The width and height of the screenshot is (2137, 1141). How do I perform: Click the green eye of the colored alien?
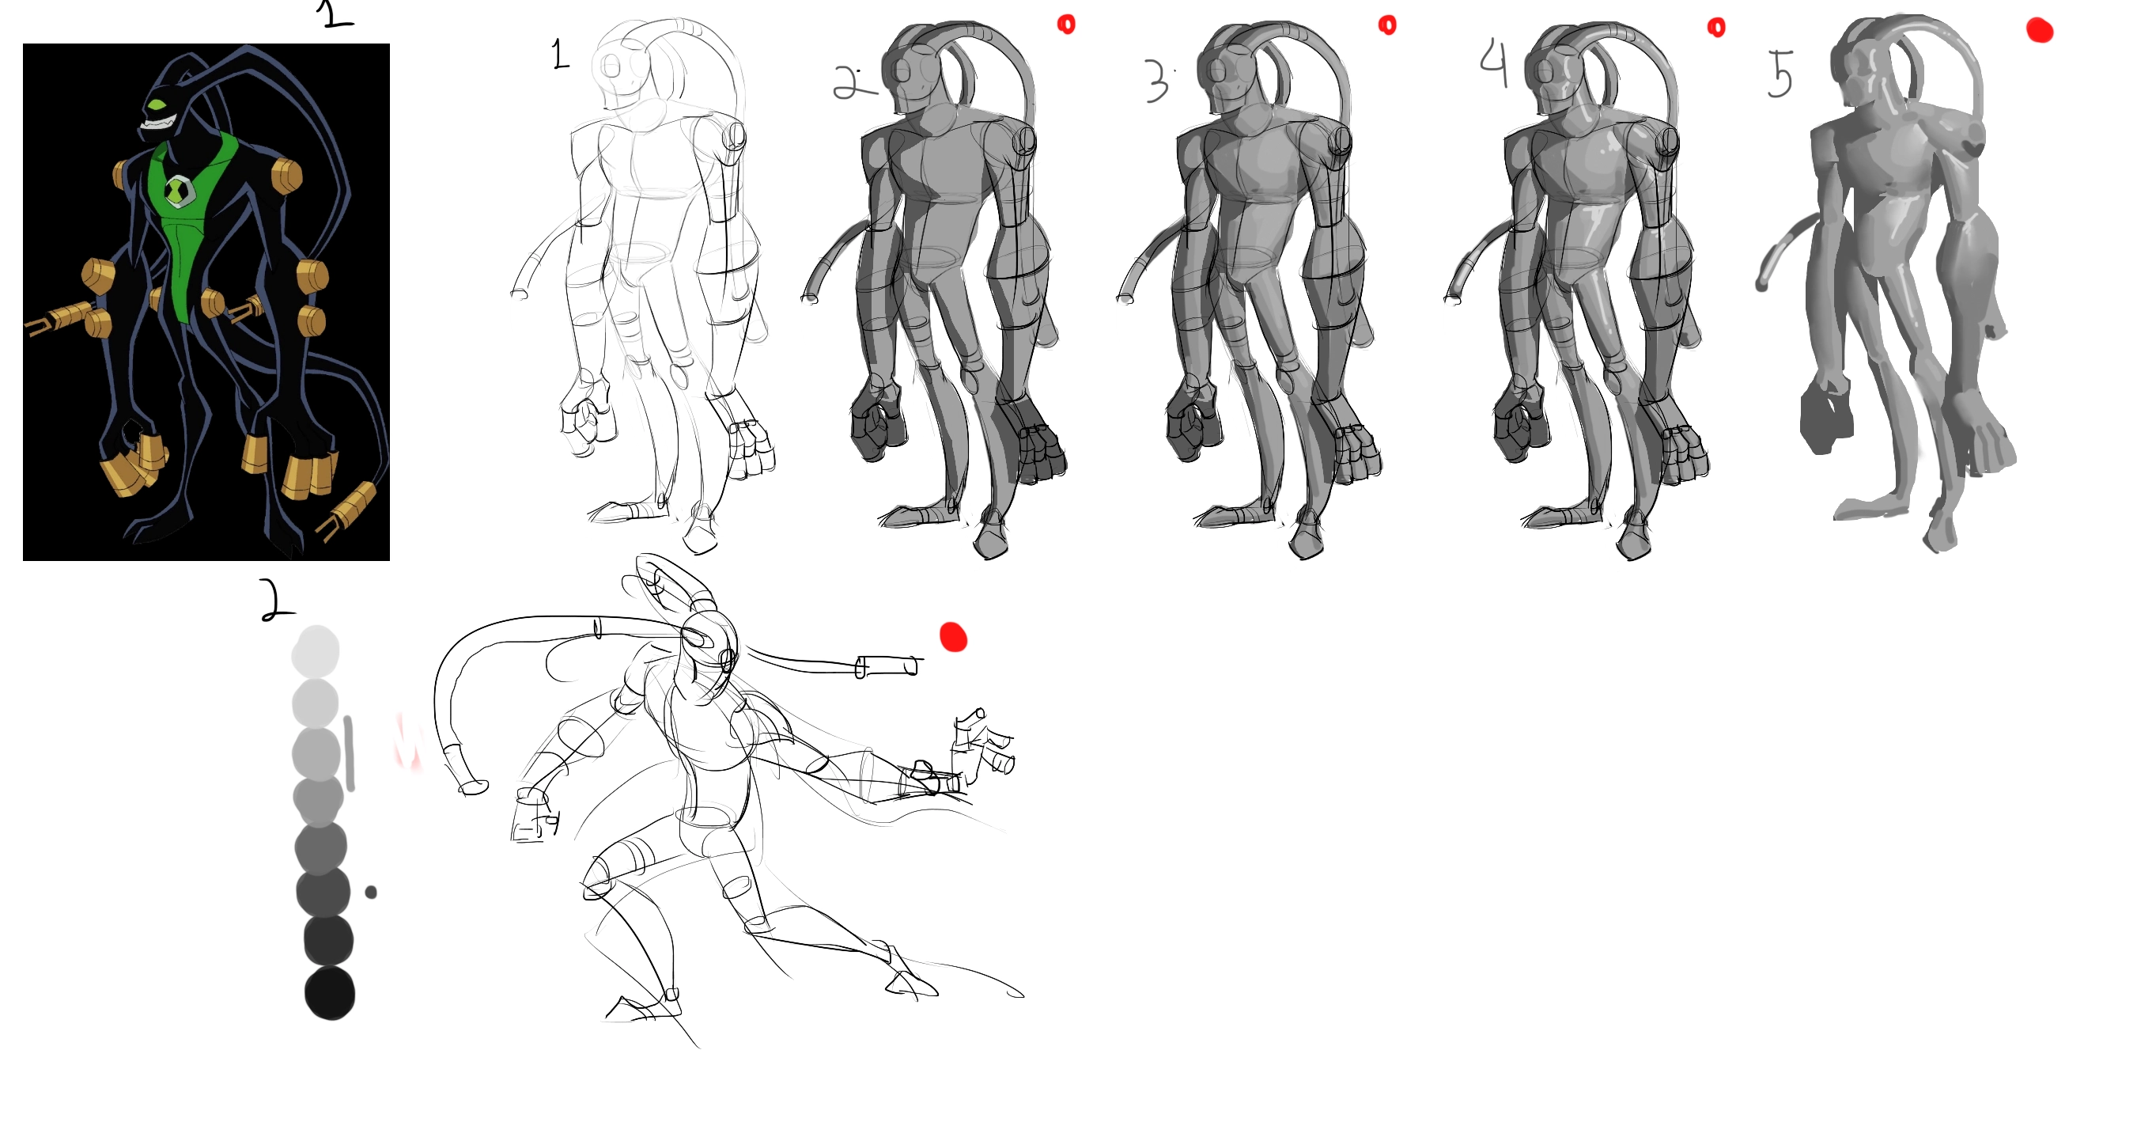pyautogui.click(x=157, y=105)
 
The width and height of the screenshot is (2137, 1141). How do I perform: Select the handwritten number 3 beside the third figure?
pyautogui.click(x=1156, y=81)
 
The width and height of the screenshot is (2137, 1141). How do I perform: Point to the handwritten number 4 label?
pyautogui.click(x=1494, y=63)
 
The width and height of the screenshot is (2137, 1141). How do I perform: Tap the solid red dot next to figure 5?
pyautogui.click(x=2039, y=31)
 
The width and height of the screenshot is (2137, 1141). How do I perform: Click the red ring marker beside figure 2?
pyautogui.click(x=1066, y=24)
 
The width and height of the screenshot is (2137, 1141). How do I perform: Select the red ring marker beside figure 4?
pyautogui.click(x=1716, y=28)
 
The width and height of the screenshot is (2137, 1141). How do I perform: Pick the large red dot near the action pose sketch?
pyautogui.click(x=953, y=637)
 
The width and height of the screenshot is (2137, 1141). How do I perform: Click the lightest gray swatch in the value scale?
pyautogui.click(x=316, y=650)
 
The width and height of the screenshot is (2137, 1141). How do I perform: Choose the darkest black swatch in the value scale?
pyautogui.click(x=329, y=992)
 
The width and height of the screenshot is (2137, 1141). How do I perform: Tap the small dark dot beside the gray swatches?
pyautogui.click(x=371, y=892)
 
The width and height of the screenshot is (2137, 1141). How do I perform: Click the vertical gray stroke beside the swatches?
pyautogui.click(x=350, y=753)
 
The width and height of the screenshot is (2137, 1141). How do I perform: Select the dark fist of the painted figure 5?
pyautogui.click(x=1825, y=419)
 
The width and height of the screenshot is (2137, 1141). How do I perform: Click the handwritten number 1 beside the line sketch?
pyautogui.click(x=561, y=55)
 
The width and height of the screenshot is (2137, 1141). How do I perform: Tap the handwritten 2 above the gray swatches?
pyautogui.click(x=276, y=600)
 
